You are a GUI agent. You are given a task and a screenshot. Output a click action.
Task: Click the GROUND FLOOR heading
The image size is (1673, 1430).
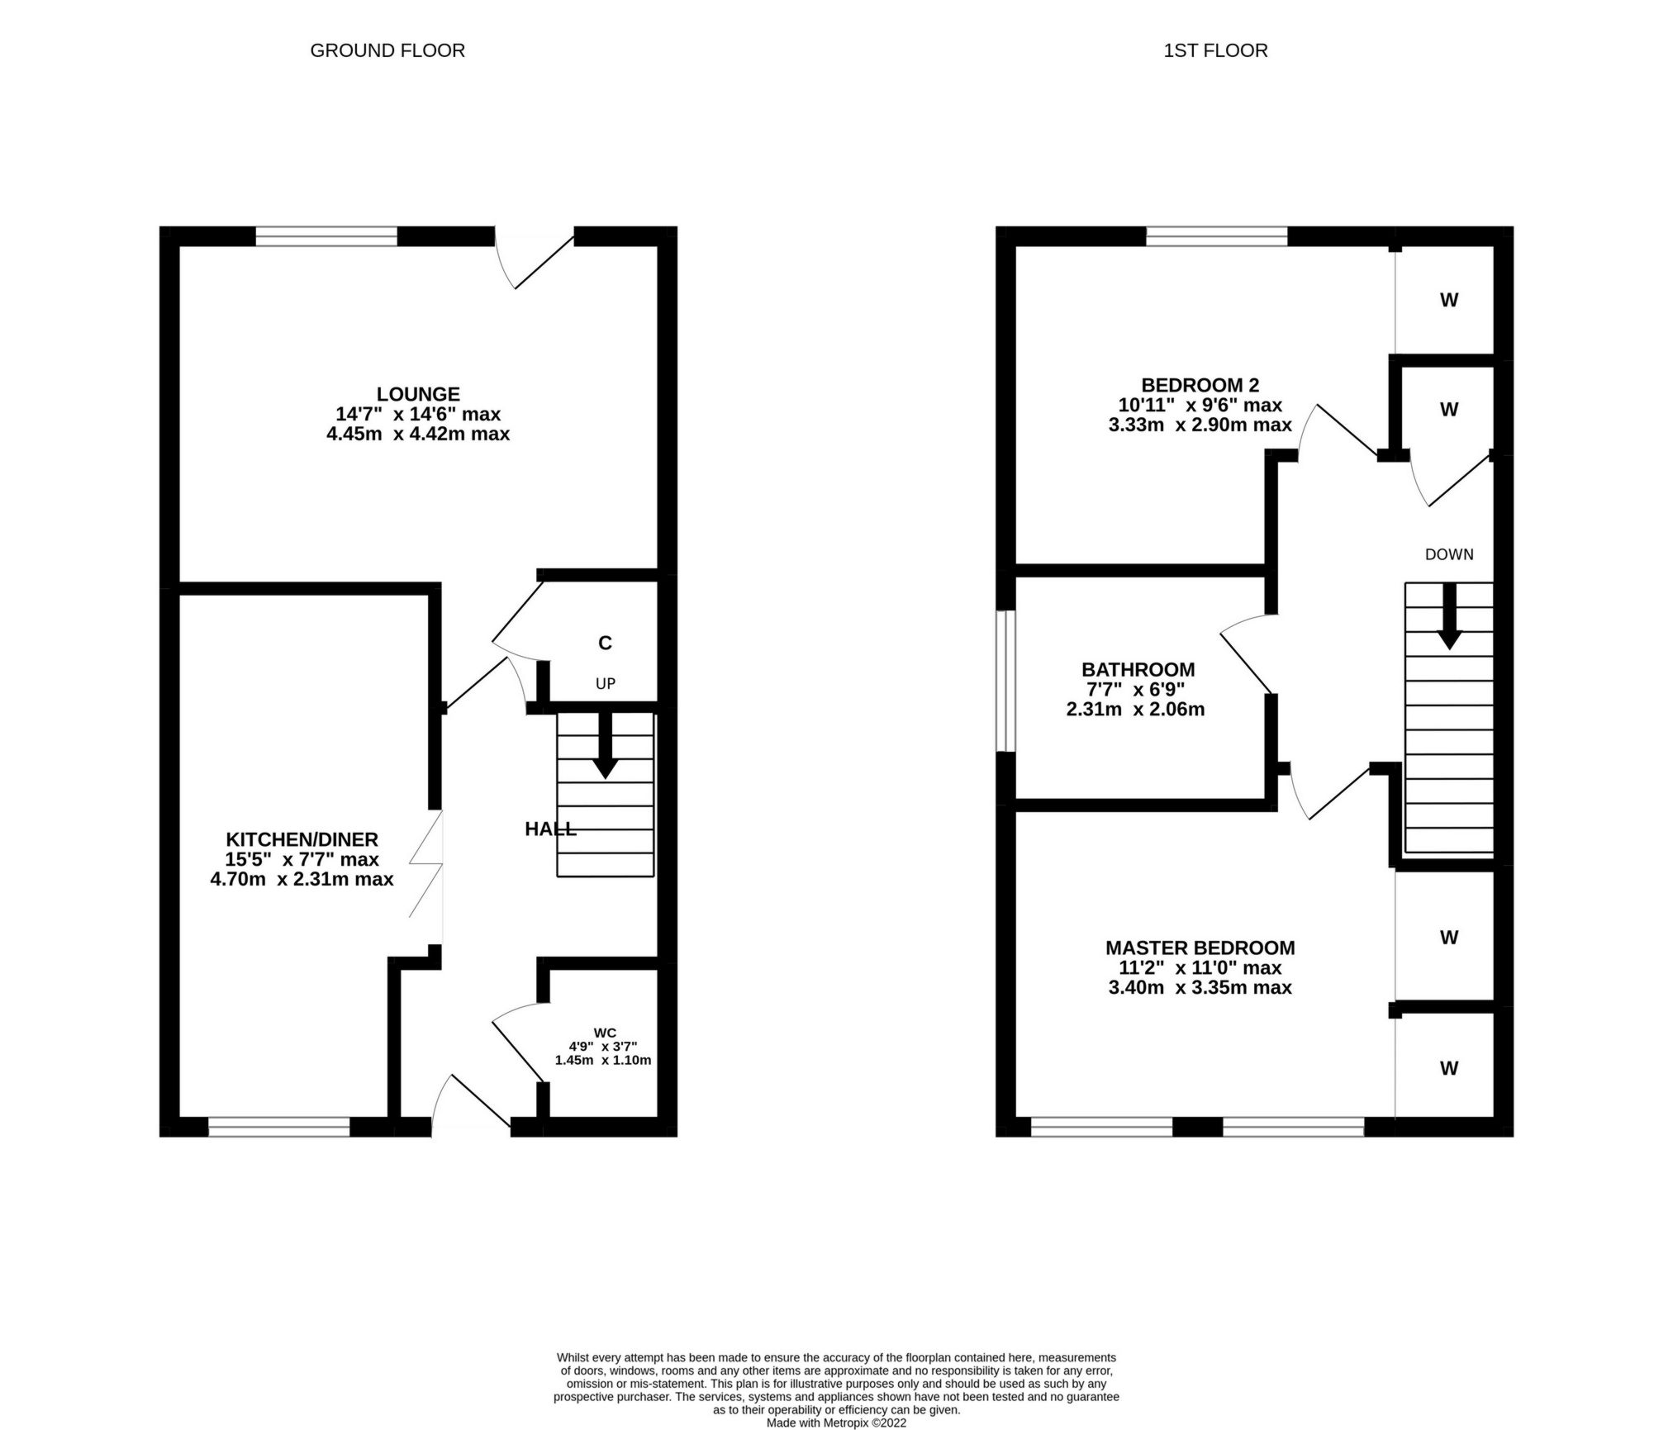tap(387, 50)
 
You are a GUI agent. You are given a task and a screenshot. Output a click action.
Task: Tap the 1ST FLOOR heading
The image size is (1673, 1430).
tap(1214, 50)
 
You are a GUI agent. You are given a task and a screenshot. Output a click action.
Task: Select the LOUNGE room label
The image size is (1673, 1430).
tap(418, 394)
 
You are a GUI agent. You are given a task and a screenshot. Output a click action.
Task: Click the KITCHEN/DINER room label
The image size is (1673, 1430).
tap(302, 839)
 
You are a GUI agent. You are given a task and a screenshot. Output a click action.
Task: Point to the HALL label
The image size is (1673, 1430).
tap(550, 829)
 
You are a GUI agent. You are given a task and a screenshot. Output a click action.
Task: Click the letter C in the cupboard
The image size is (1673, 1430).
tap(605, 643)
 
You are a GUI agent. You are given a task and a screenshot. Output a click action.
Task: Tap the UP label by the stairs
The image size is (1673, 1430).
tap(606, 684)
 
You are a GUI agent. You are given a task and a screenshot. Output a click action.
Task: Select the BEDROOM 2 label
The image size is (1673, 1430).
tap(1200, 385)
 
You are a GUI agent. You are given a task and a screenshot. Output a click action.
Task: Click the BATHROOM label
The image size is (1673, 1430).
tap(1138, 669)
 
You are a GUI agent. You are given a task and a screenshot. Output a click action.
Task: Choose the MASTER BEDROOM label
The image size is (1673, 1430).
tap(1200, 948)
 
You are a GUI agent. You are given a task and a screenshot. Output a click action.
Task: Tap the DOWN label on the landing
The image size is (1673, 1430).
tap(1449, 554)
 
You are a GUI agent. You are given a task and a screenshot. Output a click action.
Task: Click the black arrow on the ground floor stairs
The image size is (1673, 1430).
tap(606, 748)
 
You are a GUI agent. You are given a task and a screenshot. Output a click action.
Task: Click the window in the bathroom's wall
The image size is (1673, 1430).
tap(1005, 682)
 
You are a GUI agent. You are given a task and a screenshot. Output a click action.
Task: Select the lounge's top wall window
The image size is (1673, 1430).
tap(326, 237)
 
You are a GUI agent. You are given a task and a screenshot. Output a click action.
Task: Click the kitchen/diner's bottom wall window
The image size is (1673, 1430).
tap(279, 1126)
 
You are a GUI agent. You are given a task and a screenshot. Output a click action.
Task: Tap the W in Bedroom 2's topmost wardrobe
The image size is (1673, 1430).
tap(1449, 301)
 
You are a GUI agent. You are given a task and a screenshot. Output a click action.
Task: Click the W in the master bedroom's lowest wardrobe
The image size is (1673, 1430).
tap(1449, 1068)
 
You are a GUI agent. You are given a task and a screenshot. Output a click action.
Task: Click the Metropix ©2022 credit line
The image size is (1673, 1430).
tap(836, 1423)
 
